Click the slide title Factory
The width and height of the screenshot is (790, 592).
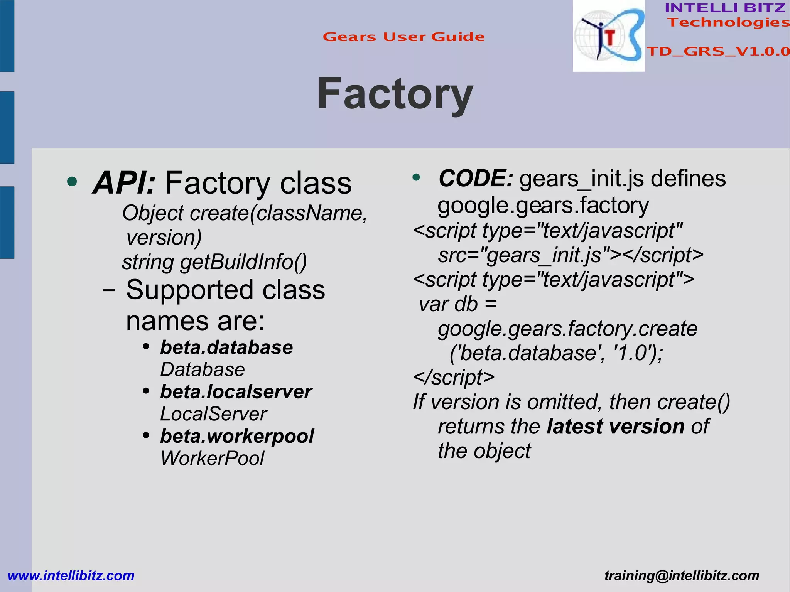pyautogui.click(x=395, y=94)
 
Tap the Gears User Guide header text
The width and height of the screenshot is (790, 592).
pyautogui.click(x=403, y=37)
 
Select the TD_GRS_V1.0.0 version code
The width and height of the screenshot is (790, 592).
pyautogui.click(x=718, y=51)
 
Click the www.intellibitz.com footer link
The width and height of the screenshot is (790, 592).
pyautogui.click(x=71, y=575)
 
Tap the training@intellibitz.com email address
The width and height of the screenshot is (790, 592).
pyautogui.click(x=682, y=575)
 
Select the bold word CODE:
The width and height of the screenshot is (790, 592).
pyautogui.click(x=476, y=179)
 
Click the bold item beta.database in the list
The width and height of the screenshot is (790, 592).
pyautogui.click(x=226, y=347)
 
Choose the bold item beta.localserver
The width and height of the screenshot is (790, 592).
pyautogui.click(x=236, y=392)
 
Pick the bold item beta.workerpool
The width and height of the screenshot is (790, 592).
pyautogui.click(x=237, y=436)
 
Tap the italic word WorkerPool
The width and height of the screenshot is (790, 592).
pyautogui.click(x=212, y=458)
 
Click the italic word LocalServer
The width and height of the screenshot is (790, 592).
pyautogui.click(x=213, y=414)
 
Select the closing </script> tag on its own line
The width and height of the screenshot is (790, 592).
pyautogui.click(x=454, y=377)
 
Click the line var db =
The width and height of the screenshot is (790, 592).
pyautogui.click(x=457, y=304)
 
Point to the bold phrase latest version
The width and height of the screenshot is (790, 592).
pyautogui.click(x=616, y=427)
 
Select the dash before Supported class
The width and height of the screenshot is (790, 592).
pyautogui.click(x=109, y=290)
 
